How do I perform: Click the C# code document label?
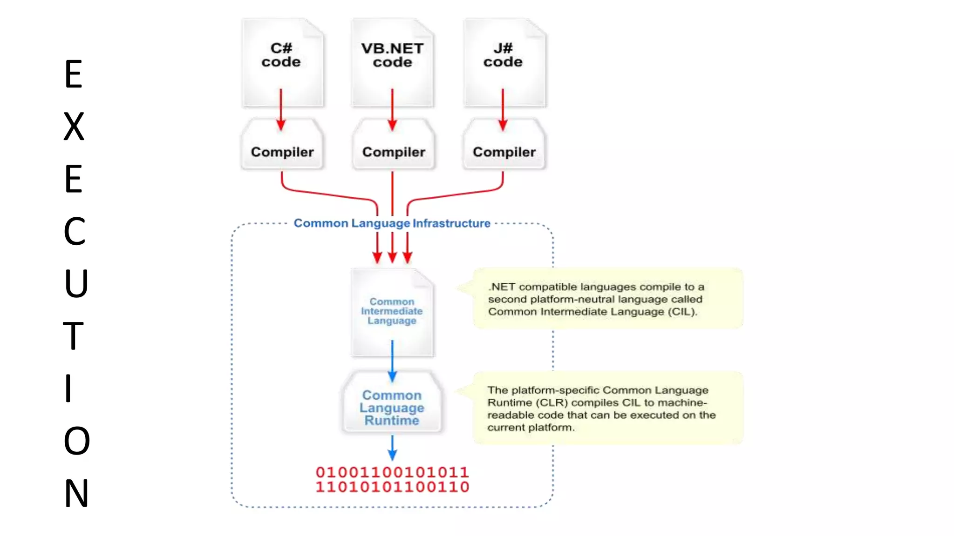click(x=281, y=55)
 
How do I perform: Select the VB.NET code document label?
click(x=392, y=55)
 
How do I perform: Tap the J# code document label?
click(x=503, y=55)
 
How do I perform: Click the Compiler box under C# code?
click(x=282, y=152)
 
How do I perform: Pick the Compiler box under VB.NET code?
click(x=394, y=152)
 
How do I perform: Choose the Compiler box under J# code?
click(x=504, y=152)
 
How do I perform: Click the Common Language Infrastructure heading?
click(x=392, y=223)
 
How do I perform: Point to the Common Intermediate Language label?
click(x=392, y=311)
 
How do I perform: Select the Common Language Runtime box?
click(x=392, y=408)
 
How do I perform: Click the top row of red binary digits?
click(x=392, y=472)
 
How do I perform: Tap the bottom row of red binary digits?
click(x=392, y=487)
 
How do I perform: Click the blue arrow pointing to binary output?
click(x=392, y=448)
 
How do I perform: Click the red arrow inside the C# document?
click(x=281, y=110)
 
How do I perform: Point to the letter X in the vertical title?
click(x=74, y=127)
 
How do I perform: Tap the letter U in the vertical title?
click(x=76, y=283)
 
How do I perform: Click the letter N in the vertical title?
click(x=76, y=493)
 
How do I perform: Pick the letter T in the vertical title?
click(x=73, y=336)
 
